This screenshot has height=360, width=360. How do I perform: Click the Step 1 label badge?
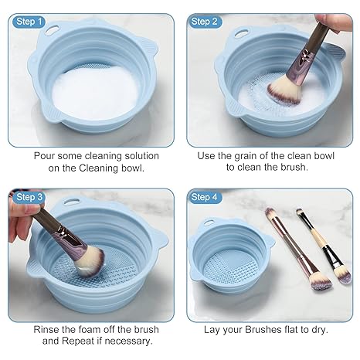point(29,21)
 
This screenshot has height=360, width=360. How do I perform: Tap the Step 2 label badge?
point(205,21)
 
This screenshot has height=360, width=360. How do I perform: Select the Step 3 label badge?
point(29,197)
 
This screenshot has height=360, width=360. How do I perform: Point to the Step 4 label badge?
point(205,197)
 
